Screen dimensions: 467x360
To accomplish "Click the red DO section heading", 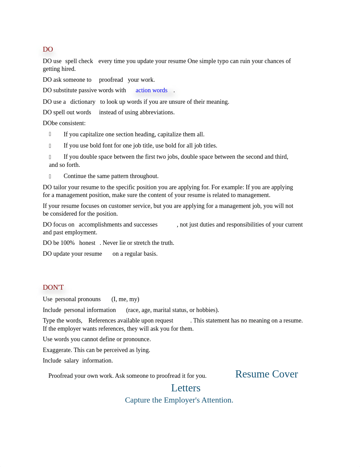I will tap(48, 50).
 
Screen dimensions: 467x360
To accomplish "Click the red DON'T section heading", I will tap(53, 288).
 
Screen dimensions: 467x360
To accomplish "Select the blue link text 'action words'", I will tap(151, 91).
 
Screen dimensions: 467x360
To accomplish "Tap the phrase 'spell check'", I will tap(79, 61).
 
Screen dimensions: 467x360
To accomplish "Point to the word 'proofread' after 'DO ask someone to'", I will tap(111, 80).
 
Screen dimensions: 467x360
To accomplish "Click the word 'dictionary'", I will tap(83, 102).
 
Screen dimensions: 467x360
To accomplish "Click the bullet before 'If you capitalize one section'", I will tap(50, 134).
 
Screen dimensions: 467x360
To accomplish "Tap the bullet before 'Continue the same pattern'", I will tap(50, 176).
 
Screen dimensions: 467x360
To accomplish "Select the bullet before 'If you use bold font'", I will tap(50, 146).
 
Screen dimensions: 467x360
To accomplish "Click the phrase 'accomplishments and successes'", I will tap(118, 225).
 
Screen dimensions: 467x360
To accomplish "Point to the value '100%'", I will tap(68, 243).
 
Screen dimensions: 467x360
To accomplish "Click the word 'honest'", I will tap(87, 243).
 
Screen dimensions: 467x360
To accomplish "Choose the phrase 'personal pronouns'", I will tap(78, 299).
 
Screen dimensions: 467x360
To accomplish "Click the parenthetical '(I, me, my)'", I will tap(125, 299).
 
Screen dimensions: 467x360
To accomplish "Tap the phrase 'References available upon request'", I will tap(131, 321).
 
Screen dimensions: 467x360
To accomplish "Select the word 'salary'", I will tap(72, 361).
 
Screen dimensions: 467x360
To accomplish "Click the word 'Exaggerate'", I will tap(57, 350).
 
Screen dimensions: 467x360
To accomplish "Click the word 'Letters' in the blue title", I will tap(186, 388).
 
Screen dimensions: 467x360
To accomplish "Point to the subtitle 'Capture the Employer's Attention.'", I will tap(179, 401).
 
